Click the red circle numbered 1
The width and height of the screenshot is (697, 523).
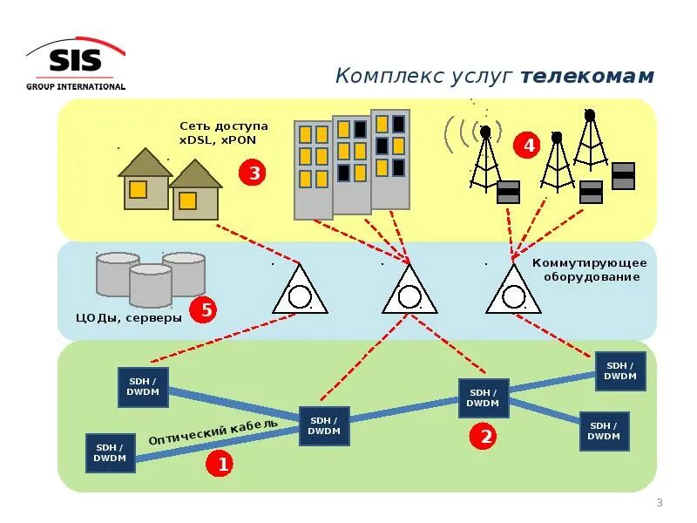(x=221, y=465)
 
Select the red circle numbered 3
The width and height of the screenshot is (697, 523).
(x=254, y=173)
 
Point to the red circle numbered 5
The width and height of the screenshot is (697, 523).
(x=203, y=309)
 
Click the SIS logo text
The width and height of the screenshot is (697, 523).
(x=75, y=61)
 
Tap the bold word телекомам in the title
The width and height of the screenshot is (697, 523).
(x=587, y=77)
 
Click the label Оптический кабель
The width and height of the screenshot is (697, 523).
(x=213, y=432)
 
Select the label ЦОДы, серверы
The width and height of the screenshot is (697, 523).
(x=130, y=318)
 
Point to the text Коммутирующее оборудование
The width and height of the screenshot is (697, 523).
(x=590, y=270)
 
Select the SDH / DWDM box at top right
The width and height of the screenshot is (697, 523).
(x=621, y=371)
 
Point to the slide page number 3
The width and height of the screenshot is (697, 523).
(x=659, y=503)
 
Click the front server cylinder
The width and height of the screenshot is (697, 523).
(x=150, y=286)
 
